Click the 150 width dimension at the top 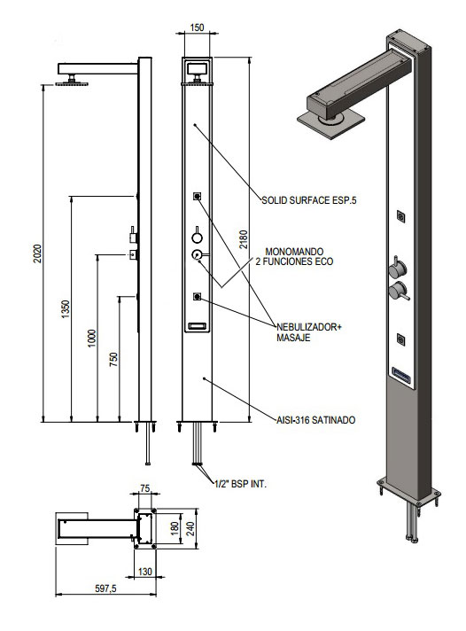coord(197,27)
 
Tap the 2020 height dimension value coord(37,253)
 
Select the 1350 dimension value coord(66,308)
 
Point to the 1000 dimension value coord(92,339)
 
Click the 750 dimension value coord(114,359)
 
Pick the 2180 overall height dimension coord(244,239)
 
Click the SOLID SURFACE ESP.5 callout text coord(309,200)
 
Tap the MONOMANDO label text coord(294,252)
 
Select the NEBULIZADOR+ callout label coord(308,327)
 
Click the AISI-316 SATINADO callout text coord(316,420)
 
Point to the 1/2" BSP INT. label coord(241,484)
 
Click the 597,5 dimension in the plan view coord(105,588)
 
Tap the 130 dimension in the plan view coord(145,572)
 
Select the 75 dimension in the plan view coord(145,488)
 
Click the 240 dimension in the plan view coord(190,528)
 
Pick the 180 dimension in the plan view coord(175,528)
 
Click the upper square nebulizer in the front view coord(197,197)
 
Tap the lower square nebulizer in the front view coord(197,297)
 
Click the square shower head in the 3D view coord(330,122)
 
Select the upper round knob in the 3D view coord(397,269)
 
